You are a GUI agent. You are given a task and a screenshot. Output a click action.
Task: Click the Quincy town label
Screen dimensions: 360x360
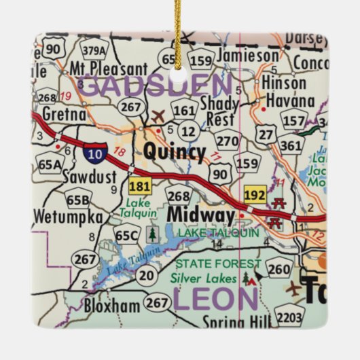click(x=174, y=151)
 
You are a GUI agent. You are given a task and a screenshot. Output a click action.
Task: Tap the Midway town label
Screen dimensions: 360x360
click(x=200, y=214)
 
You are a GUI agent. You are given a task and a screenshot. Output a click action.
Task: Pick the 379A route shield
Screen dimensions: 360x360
click(x=93, y=50)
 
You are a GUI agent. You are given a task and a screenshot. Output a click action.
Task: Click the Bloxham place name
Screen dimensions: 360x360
click(x=112, y=306)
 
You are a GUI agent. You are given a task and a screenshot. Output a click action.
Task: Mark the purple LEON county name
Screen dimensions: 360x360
click(x=215, y=299)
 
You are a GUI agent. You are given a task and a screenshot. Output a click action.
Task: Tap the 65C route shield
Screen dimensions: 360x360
click(x=127, y=236)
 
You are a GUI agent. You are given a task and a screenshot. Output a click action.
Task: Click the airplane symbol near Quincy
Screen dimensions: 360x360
click(x=159, y=115)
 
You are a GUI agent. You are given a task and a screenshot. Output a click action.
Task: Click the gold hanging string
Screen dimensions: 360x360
click(x=178, y=31)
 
